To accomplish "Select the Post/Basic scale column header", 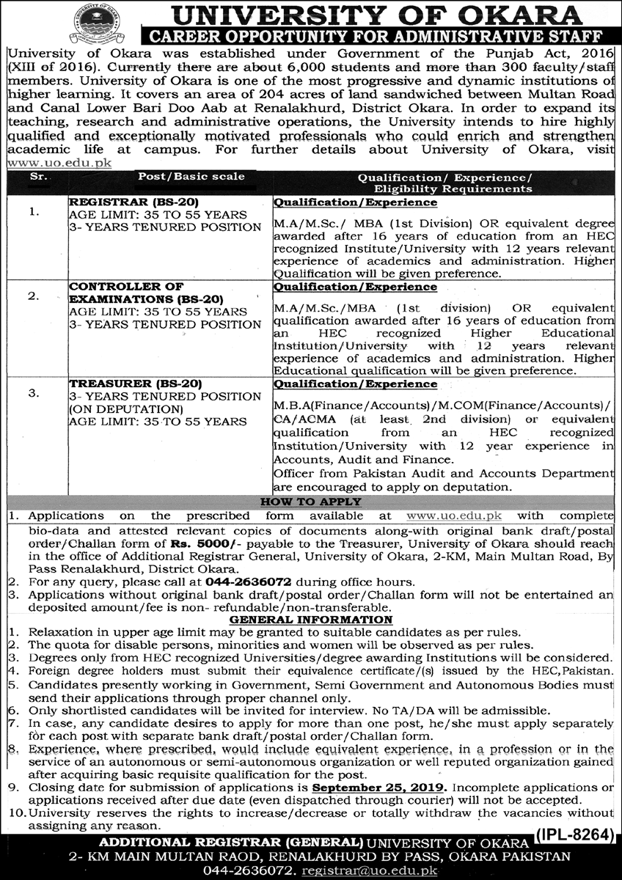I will [191, 177].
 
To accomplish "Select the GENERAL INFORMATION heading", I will [315, 620].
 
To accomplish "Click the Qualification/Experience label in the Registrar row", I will [355, 202].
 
